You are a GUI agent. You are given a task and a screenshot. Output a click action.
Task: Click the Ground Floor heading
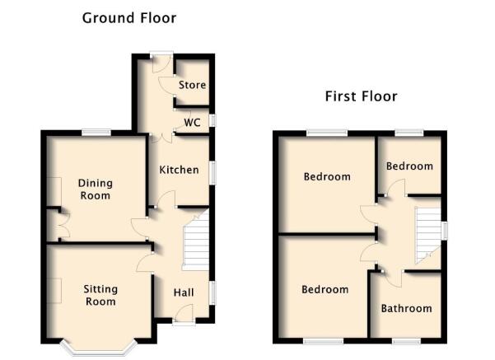[x=129, y=18]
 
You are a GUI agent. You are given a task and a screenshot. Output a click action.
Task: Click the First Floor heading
[x=361, y=96]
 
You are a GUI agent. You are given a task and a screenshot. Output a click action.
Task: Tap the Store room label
[x=192, y=85]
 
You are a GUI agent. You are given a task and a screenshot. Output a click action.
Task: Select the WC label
[x=192, y=123]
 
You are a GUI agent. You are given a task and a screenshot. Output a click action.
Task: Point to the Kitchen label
[x=179, y=170]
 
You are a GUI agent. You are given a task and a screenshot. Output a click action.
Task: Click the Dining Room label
[x=95, y=189]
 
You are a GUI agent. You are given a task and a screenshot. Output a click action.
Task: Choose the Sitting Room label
[x=100, y=295]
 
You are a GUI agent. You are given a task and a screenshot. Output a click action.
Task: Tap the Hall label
[x=184, y=292]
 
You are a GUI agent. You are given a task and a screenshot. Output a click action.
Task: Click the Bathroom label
[x=406, y=308]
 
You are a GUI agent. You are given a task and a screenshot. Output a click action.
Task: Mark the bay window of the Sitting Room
[x=99, y=350]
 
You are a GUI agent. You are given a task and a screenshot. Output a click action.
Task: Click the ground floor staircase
[x=196, y=241]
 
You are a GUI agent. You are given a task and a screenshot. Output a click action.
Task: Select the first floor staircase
[x=427, y=236]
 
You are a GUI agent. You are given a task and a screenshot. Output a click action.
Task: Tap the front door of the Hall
[x=184, y=316]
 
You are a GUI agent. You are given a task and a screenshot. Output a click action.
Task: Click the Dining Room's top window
[x=96, y=133]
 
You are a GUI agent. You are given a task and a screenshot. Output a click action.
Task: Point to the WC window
[x=213, y=120]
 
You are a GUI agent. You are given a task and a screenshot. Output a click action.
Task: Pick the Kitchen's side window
[x=213, y=172]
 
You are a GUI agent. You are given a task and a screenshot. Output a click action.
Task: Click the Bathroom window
[x=406, y=341]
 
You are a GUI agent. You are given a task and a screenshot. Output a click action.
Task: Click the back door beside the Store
[x=161, y=63]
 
